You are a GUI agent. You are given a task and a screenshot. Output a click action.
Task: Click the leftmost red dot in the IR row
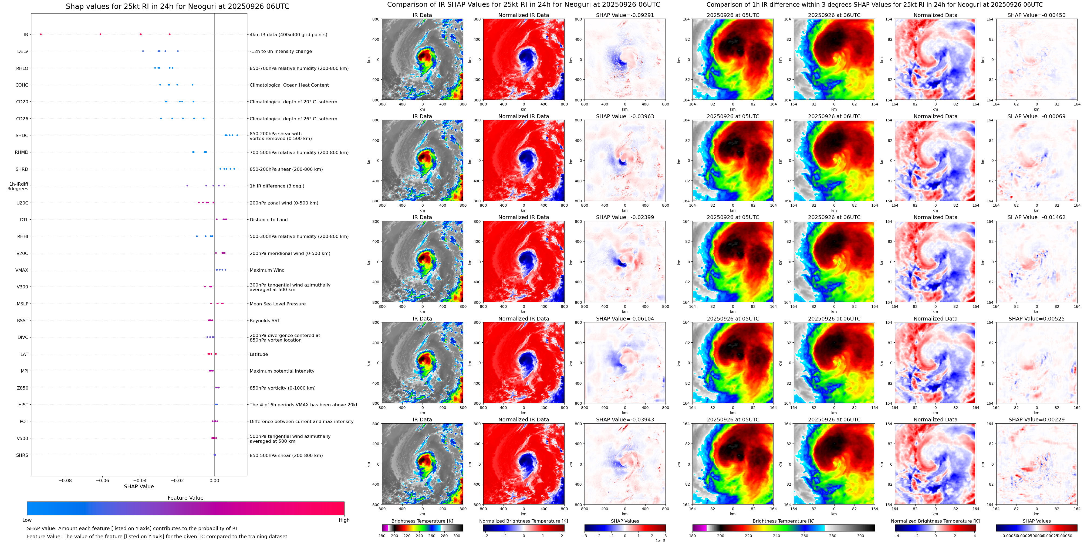tap(41, 34)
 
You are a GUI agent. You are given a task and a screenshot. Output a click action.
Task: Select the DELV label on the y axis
tap(23, 51)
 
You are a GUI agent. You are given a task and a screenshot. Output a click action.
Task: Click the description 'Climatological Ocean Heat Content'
tap(289, 85)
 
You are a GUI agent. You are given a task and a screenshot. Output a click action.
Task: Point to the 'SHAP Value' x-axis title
tap(139, 486)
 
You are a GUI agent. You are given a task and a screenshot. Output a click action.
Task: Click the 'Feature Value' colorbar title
tap(185, 498)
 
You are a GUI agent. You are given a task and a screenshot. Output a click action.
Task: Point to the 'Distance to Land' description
tap(268, 220)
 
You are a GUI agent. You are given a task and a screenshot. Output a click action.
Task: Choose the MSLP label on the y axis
tap(23, 304)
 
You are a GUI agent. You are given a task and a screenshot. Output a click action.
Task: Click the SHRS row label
tap(22, 455)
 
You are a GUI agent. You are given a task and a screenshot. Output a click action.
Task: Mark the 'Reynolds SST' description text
tap(265, 321)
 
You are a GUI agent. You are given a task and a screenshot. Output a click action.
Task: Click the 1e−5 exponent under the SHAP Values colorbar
tap(660, 540)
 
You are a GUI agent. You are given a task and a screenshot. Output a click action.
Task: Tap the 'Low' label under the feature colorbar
tap(27, 520)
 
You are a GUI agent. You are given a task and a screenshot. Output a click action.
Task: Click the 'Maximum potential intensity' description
tap(282, 371)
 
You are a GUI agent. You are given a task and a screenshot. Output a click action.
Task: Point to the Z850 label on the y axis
tap(23, 388)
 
